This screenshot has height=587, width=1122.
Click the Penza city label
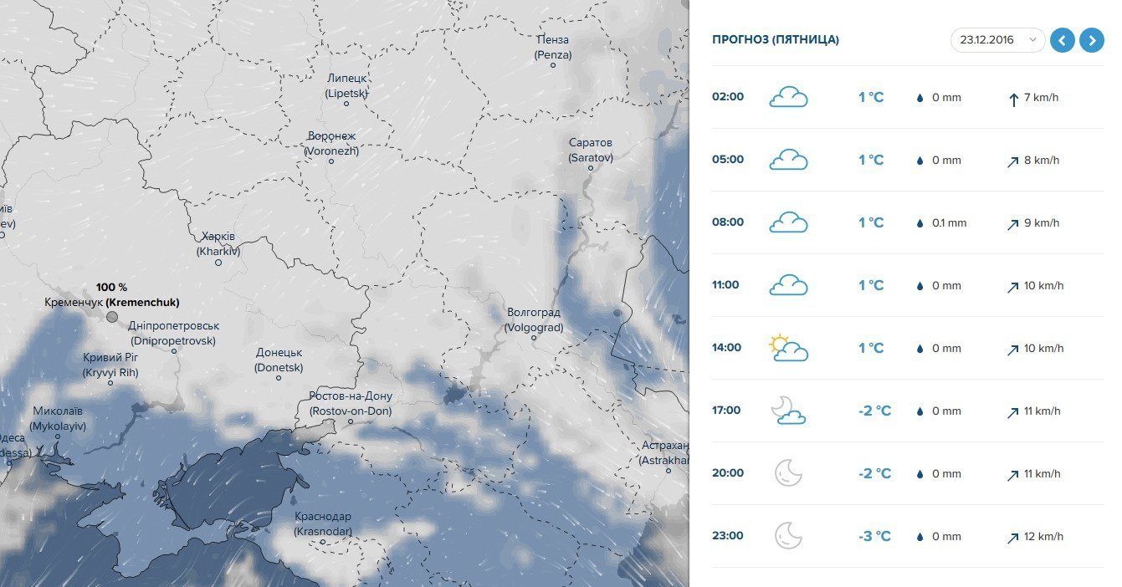[x=552, y=47]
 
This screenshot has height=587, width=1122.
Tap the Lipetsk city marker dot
[x=346, y=103]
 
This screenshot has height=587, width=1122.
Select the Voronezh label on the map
[x=331, y=143]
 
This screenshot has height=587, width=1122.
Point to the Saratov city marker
[x=590, y=168]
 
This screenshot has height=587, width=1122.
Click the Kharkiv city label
[x=218, y=243]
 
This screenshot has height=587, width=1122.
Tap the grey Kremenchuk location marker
[x=112, y=317]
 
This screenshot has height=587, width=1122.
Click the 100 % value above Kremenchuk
[x=111, y=287]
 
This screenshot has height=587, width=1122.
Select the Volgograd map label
[x=534, y=319]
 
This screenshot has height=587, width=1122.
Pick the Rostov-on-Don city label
[x=350, y=403]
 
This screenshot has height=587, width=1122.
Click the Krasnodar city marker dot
[x=323, y=542]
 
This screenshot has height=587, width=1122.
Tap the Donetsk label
[x=279, y=360]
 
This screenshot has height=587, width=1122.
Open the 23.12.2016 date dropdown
[x=997, y=39]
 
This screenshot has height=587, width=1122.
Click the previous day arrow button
[x=1063, y=39]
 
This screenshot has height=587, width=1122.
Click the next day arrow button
[x=1091, y=39]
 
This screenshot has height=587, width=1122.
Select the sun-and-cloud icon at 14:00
[x=788, y=348]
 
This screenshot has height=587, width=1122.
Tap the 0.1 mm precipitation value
[x=949, y=223]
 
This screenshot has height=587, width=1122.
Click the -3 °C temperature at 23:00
[x=874, y=536]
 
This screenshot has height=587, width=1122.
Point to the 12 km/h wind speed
[x=1043, y=536]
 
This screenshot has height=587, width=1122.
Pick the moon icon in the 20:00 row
[x=788, y=473]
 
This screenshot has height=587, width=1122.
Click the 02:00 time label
[x=727, y=97]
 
